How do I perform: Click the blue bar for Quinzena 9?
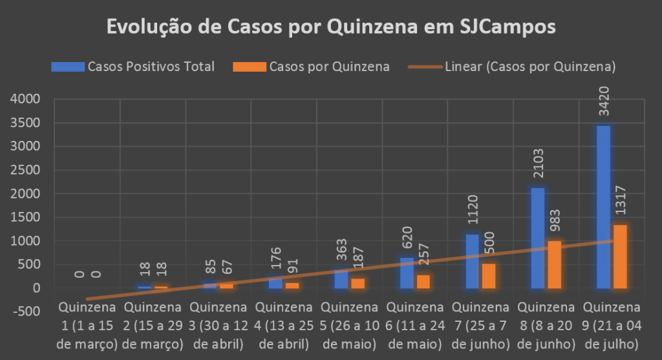pyautogui.click(x=603, y=207)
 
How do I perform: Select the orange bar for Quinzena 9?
pyautogui.click(x=620, y=257)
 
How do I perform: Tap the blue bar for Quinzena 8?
pyautogui.click(x=538, y=238)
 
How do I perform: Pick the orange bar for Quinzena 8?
pyautogui.click(x=554, y=264)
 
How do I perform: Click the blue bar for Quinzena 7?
pyautogui.click(x=472, y=261)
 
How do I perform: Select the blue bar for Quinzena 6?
pyautogui.click(x=407, y=273)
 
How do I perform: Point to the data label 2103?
pyautogui.click(x=538, y=167)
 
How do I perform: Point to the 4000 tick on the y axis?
pyautogui.click(x=25, y=100)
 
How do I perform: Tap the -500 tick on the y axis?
pyautogui.click(x=25, y=312)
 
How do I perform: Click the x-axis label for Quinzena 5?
pyautogui.click(x=349, y=324)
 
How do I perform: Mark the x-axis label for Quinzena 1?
pyautogui.click(x=87, y=324)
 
